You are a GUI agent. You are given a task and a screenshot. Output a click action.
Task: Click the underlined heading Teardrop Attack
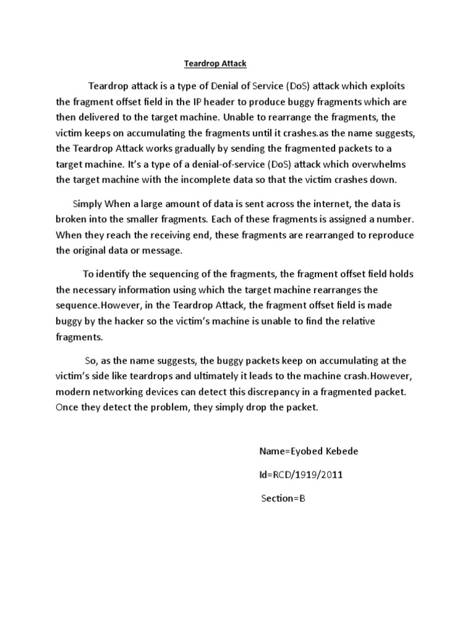216,63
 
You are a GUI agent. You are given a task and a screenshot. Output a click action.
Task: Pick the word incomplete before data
233,181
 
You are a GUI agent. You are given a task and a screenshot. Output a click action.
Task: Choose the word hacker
140,322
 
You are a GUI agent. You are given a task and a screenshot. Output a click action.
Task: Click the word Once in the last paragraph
67,407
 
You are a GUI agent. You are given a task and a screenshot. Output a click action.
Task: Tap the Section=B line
283,498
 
